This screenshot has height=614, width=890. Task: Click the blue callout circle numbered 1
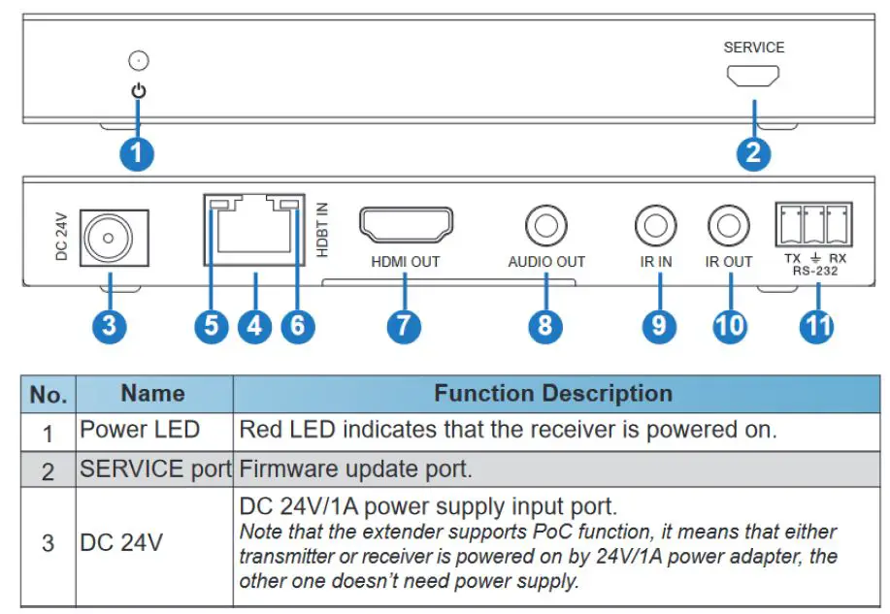tap(138, 153)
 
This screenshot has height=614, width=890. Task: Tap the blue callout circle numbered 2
tap(753, 153)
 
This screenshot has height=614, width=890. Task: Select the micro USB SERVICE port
tap(753, 76)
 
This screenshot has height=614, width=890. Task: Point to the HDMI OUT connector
tap(406, 225)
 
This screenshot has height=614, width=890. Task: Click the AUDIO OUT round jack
tap(545, 227)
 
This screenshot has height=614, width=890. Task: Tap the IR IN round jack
tap(656, 227)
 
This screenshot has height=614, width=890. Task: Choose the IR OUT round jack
tap(729, 227)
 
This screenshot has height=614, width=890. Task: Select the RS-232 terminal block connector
tap(813, 225)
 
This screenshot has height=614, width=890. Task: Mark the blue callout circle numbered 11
tap(815, 325)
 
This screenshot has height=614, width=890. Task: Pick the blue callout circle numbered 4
tap(254, 325)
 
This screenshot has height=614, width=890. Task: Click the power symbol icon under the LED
tap(139, 92)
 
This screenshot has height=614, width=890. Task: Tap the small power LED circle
tap(139, 61)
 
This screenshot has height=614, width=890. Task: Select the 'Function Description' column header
tap(552, 393)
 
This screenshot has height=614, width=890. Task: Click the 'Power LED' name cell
tap(140, 430)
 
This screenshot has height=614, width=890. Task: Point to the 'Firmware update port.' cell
tap(355, 469)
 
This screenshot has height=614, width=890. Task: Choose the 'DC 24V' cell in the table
tap(120, 542)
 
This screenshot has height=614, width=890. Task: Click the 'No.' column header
tap(49, 394)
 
